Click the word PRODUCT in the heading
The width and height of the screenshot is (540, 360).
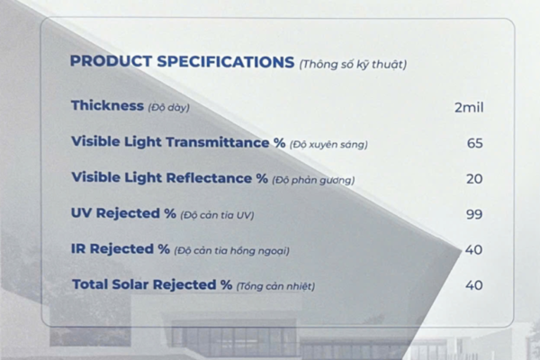(111, 61)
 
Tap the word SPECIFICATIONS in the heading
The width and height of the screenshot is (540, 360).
(226, 62)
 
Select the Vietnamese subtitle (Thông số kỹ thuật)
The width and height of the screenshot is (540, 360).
(353, 65)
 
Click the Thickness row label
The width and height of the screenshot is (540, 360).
(107, 105)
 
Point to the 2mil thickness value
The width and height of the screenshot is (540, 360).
(469, 107)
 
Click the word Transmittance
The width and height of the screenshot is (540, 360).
(218, 142)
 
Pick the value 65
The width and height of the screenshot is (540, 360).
(475, 143)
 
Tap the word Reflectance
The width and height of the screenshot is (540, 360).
(209, 178)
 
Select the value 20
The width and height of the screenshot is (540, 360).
(474, 179)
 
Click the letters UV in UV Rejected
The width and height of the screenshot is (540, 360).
(81, 213)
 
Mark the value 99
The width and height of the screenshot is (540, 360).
(474, 214)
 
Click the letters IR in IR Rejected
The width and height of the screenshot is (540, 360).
(78, 248)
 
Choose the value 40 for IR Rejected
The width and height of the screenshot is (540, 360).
(474, 250)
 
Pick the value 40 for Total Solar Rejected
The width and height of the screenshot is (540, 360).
(474, 285)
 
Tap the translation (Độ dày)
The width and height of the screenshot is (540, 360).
(169, 107)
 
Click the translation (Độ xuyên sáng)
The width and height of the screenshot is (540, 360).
(328, 144)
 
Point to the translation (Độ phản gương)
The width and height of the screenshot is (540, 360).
(313, 180)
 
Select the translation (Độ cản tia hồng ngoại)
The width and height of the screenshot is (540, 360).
(232, 251)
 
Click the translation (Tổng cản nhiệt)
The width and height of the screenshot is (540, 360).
(275, 286)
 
